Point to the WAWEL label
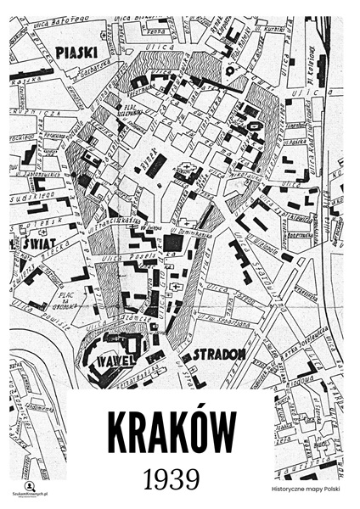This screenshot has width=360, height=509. click(112, 360)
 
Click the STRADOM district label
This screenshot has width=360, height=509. click(219, 353)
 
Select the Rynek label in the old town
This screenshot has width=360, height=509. click(146, 156)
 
